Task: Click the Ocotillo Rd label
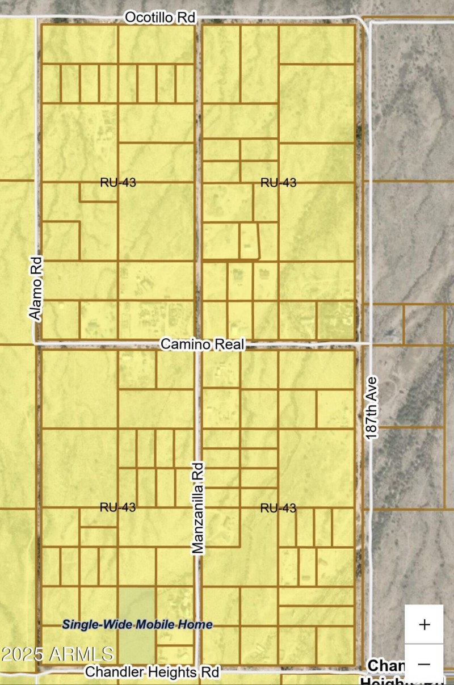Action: pyautogui.click(x=160, y=18)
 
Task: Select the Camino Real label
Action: pyautogui.click(x=203, y=344)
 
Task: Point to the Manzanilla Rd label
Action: pyautogui.click(x=197, y=507)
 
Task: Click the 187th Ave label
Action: pyautogui.click(x=371, y=407)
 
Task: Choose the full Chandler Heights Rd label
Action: pyautogui.click(x=152, y=673)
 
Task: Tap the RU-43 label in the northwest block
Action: pyautogui.click(x=117, y=182)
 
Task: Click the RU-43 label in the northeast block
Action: pyautogui.click(x=278, y=182)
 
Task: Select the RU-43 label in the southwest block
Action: pyautogui.click(x=117, y=507)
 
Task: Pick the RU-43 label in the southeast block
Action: pyautogui.click(x=278, y=508)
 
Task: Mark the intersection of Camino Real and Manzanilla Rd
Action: pyautogui.click(x=197, y=344)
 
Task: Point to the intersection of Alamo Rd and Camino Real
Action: pyautogui.click(x=37, y=343)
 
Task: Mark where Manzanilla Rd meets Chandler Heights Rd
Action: pyautogui.click(x=197, y=670)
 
